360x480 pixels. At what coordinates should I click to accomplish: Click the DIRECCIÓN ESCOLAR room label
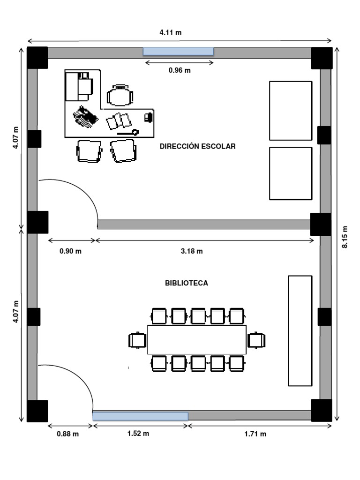pyautogui.click(x=197, y=146)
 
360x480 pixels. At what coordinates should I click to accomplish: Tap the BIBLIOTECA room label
pyautogui.click(x=187, y=283)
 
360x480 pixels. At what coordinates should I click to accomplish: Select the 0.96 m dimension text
pyautogui.click(x=180, y=70)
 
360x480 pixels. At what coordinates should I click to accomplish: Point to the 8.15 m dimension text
pyautogui.click(x=345, y=237)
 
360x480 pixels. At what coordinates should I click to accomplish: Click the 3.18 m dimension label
pyautogui.click(x=192, y=251)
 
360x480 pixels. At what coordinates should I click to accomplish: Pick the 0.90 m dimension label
pyautogui.click(x=70, y=251)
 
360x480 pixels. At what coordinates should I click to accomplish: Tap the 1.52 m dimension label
pyautogui.click(x=138, y=434)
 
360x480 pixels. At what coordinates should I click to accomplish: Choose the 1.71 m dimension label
pyautogui.click(x=255, y=434)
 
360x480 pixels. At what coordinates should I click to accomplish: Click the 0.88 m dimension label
pyautogui.click(x=67, y=434)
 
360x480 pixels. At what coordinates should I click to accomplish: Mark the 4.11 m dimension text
pyautogui.click(x=171, y=32)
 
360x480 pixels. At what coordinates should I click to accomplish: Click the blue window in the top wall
pyautogui.click(x=178, y=52)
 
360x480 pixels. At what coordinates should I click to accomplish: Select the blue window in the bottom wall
pyautogui.click(x=141, y=416)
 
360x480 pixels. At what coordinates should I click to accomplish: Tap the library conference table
pyautogui.click(x=197, y=339)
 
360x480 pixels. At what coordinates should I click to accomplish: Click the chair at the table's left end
pyautogui.click(x=137, y=340)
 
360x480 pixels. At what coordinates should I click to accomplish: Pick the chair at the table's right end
pyautogui.click(x=256, y=340)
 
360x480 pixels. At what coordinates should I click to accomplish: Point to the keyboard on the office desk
pyautogui.click(x=86, y=117)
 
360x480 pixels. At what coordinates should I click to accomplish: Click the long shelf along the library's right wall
pyautogui.click(x=300, y=330)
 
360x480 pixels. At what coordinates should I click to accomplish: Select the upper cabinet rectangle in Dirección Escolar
pyautogui.click(x=291, y=111)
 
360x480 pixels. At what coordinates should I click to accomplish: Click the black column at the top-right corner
pyautogui.click(x=322, y=58)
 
